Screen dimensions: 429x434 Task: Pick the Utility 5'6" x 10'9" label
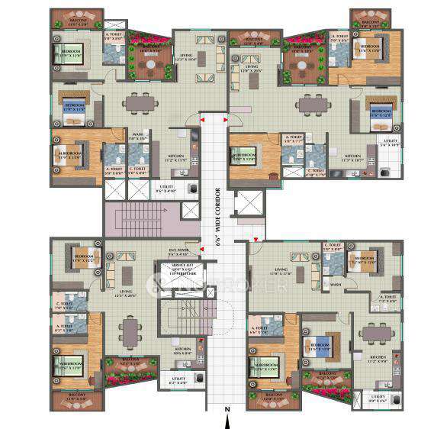pyautogui.click(x=391, y=143)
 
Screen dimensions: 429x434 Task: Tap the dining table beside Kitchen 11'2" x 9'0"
pyautogui.click(x=375, y=331)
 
